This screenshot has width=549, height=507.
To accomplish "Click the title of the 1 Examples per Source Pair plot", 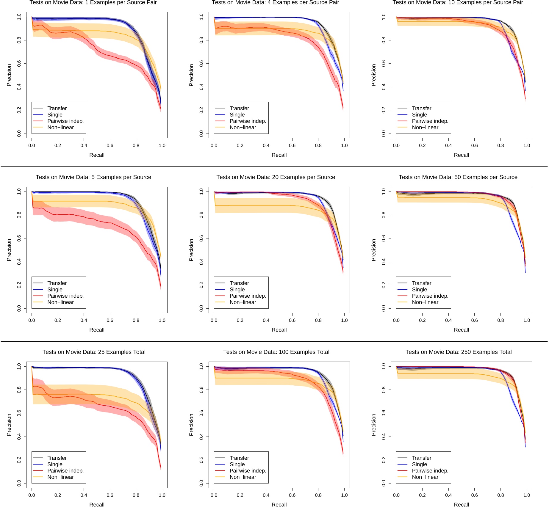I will [93, 3].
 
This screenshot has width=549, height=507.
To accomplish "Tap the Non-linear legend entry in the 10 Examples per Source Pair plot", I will [425, 127].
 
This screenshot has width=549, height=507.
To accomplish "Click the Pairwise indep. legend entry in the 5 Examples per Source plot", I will [65, 296].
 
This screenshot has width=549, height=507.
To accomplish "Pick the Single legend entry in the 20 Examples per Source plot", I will [237, 290].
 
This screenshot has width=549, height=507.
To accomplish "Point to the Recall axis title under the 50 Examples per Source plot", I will [461, 330].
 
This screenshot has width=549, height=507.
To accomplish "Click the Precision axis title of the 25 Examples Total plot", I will [9, 425].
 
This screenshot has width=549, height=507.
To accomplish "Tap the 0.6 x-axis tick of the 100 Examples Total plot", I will [292, 495].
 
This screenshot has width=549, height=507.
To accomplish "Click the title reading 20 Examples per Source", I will [276, 177].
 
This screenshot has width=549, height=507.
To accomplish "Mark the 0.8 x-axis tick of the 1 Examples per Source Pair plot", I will [136, 145].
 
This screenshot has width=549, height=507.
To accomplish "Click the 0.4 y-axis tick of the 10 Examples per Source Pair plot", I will [384, 87].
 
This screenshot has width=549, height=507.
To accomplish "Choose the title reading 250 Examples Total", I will [458, 352].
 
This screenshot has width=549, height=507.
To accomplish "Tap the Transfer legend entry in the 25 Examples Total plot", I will [57, 458].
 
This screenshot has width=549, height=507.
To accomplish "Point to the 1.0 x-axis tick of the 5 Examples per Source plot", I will [162, 320].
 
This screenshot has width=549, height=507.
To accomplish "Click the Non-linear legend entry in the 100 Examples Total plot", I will [243, 477].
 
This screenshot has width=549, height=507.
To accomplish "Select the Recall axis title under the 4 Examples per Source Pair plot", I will [279, 155].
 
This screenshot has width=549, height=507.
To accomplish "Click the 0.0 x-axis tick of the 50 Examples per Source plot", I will [396, 320].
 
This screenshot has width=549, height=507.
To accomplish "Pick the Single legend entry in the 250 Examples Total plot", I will [419, 464].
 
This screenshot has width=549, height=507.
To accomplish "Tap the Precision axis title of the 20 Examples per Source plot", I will [191, 250].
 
